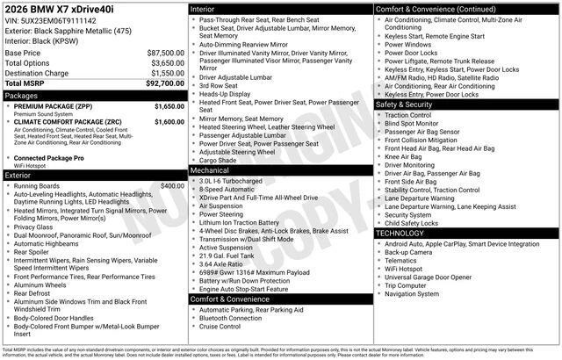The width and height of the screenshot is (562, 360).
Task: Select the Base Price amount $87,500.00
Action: (x=165, y=53)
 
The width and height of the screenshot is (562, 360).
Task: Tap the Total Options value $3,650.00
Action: (x=165, y=63)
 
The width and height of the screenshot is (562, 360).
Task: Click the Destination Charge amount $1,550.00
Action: (x=165, y=74)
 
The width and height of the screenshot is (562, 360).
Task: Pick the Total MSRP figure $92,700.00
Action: (x=165, y=84)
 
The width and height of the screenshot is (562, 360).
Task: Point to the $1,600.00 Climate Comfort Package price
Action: (x=169, y=122)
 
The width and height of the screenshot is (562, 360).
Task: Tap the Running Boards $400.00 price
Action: (x=172, y=186)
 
